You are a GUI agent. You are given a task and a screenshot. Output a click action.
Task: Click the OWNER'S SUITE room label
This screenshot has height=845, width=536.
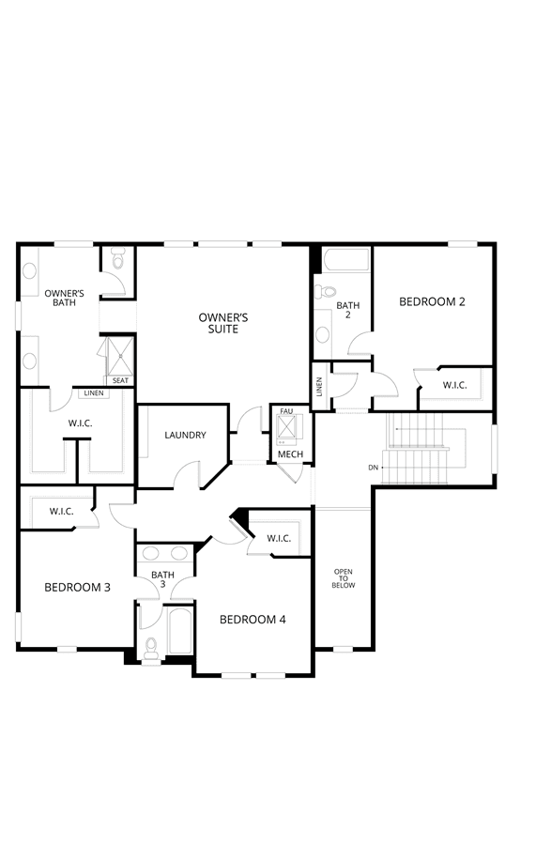pos(223,323)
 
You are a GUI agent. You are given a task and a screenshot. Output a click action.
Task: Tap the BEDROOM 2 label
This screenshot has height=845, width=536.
pos(432,301)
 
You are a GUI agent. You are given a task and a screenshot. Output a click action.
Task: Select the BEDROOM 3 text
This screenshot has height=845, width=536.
pos(77,588)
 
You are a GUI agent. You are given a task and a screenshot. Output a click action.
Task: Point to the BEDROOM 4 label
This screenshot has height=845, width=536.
pos(253,620)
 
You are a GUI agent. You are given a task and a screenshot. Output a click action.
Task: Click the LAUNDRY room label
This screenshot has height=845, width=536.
pos(185,435)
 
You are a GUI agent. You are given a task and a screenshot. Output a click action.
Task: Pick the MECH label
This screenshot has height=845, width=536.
pos(290,454)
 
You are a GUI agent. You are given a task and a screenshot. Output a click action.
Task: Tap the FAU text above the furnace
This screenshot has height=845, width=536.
pos(286,411)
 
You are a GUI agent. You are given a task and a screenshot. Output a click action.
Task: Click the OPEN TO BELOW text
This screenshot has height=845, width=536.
pos(344,578)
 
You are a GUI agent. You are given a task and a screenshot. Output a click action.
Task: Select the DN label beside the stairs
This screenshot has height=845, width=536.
pos(374,468)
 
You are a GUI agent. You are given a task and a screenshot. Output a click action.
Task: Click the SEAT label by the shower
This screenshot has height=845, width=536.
pos(121,380)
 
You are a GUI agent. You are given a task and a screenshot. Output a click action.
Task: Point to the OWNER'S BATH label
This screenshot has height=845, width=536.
pos(64,298)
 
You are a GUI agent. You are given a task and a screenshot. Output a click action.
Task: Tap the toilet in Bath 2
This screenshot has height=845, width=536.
pos(325,291)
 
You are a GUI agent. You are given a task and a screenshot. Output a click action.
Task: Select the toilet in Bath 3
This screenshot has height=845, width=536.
pos(151,648)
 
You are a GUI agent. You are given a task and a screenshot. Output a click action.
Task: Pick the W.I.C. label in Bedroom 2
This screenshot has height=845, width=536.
pos(454,385)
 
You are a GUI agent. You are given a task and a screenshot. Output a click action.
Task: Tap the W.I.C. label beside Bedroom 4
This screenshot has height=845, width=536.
pos(279,538)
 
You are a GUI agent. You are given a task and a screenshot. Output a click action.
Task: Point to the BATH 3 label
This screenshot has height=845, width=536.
pos(162,579)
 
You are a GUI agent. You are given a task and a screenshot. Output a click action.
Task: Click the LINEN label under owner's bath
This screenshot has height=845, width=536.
pos(94,392)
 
